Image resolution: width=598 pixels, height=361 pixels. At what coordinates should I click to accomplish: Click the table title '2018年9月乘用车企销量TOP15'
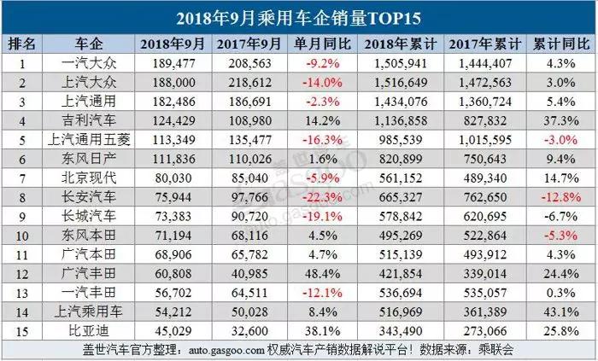tap(299, 17)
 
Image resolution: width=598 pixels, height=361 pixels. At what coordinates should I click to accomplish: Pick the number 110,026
tap(248, 155)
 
